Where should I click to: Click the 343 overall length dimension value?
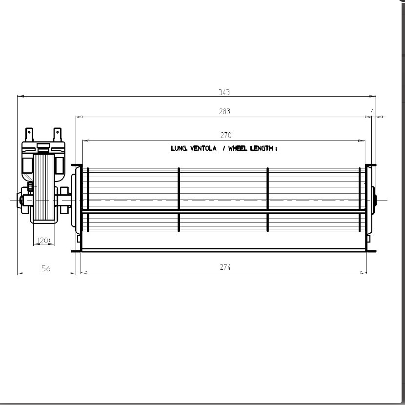coord(224,92)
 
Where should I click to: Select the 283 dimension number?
coord(224,111)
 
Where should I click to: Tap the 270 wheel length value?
coord(226,135)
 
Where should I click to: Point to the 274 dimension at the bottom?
coord(225,267)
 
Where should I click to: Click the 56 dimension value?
coord(46,268)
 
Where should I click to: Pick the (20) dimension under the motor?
coord(43,241)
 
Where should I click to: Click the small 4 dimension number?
coord(372,112)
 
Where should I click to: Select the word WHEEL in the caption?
coord(238,148)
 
